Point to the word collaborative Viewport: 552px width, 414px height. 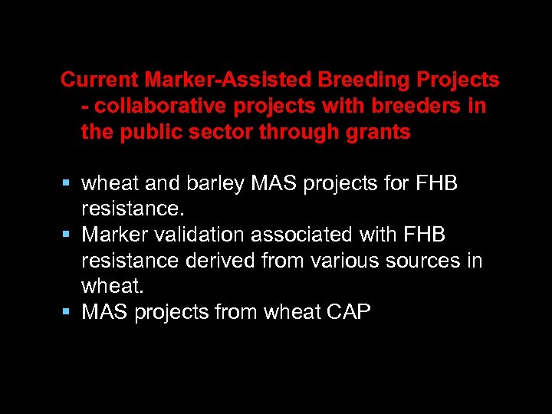pyautogui.click(x=153, y=106)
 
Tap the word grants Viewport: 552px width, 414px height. pyautogui.click(x=376, y=132)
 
